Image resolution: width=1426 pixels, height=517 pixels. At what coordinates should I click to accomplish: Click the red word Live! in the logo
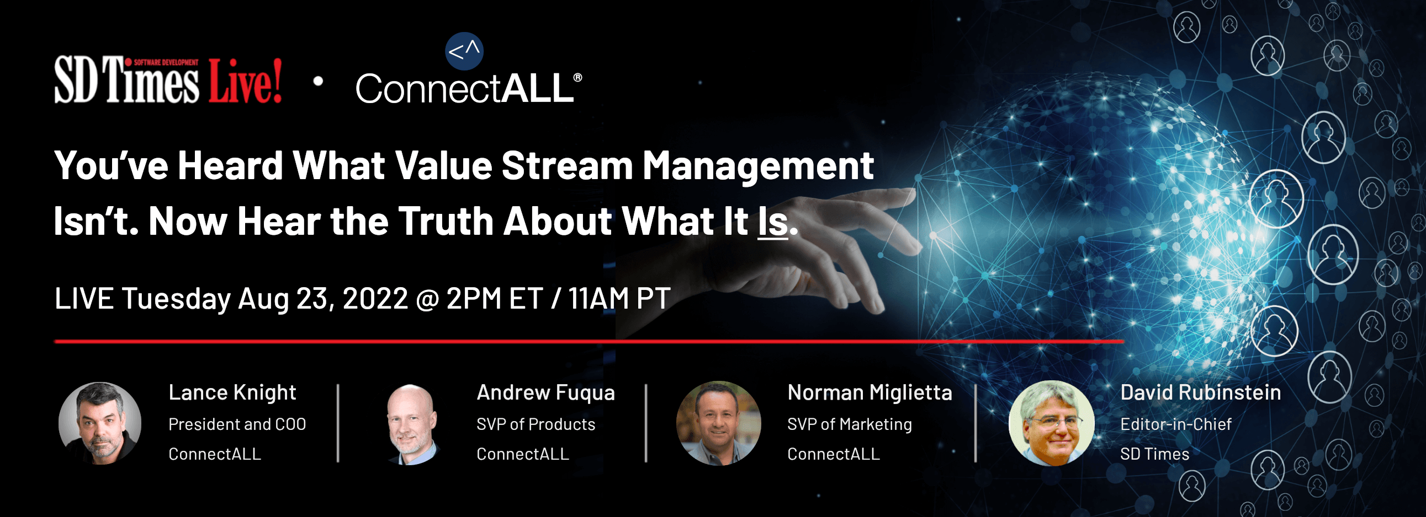click(245, 80)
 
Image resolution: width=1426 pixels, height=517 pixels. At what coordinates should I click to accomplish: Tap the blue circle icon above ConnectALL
click(464, 51)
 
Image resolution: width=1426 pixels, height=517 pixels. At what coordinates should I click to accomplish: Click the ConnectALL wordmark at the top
click(468, 88)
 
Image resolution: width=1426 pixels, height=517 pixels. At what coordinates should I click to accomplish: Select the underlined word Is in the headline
click(773, 221)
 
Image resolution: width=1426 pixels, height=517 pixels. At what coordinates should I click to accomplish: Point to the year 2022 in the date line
click(375, 299)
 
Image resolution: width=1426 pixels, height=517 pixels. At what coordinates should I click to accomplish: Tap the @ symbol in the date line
click(427, 299)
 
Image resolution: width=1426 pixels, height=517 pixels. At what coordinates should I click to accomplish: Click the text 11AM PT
click(619, 299)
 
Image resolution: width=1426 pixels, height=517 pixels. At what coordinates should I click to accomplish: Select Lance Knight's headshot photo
click(100, 423)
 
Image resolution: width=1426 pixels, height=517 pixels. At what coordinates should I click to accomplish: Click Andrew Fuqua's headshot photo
click(412, 424)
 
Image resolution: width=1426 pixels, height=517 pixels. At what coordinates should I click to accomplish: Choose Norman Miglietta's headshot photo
click(719, 423)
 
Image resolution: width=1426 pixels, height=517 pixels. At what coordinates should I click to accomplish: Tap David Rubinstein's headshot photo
click(1051, 423)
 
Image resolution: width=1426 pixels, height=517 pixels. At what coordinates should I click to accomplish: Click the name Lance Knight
click(232, 392)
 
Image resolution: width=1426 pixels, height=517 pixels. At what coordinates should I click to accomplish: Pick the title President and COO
click(237, 424)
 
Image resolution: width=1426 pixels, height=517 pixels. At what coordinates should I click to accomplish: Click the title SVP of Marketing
click(850, 424)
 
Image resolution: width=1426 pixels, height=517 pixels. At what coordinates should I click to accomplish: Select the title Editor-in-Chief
click(1176, 424)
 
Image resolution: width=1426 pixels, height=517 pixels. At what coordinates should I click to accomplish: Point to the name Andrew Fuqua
click(546, 392)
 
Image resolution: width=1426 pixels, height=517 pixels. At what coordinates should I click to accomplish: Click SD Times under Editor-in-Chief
click(1155, 454)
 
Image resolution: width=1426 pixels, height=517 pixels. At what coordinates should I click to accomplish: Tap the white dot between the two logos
click(319, 81)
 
